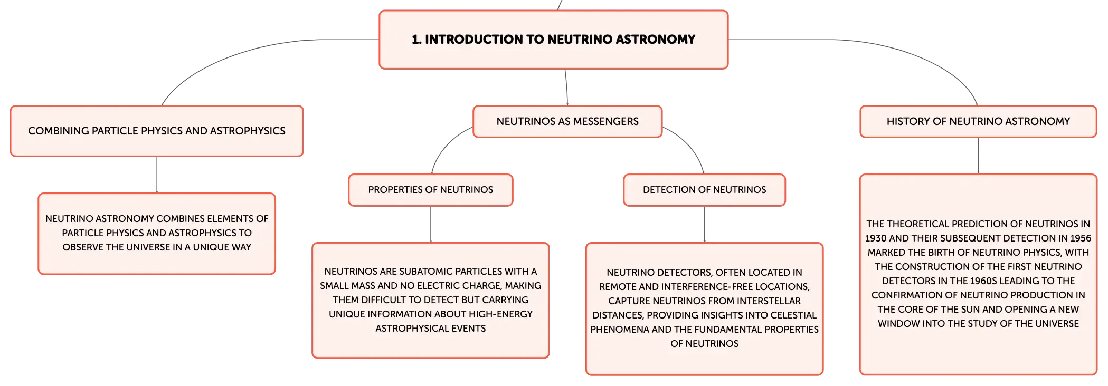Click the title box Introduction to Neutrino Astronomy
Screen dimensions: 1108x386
pyautogui.click(x=553, y=40)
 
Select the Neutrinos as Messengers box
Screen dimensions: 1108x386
pyautogui.click(x=567, y=121)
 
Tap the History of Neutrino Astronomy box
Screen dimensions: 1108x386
pyautogui.click(x=978, y=121)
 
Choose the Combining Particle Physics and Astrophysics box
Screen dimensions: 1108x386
pyautogui.click(x=157, y=131)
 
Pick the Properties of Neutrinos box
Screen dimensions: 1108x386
pyautogui.click(x=431, y=190)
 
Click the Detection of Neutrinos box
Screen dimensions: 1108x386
pyautogui.click(x=705, y=190)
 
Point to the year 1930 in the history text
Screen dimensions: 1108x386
pyautogui.click(x=876, y=238)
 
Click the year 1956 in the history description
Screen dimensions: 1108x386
pyautogui.click(x=1081, y=238)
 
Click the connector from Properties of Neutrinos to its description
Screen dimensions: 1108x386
pyautogui.click(x=431, y=225)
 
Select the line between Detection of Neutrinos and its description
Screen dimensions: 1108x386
pyautogui.click(x=705, y=225)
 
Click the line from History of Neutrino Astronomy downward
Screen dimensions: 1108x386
pyautogui.click(x=978, y=156)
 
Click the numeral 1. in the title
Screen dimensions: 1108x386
pyautogui.click(x=416, y=40)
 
